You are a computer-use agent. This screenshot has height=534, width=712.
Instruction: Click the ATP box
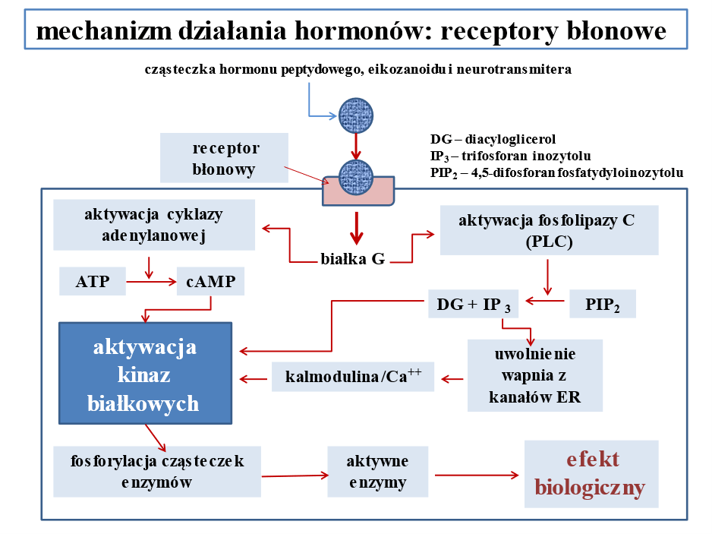[92, 283]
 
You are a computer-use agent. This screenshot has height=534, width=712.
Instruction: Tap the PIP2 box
[602, 304]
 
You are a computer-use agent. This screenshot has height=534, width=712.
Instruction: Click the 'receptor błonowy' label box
[225, 158]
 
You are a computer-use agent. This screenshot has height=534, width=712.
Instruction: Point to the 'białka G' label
[351, 259]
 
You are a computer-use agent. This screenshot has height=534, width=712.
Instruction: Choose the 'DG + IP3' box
[474, 304]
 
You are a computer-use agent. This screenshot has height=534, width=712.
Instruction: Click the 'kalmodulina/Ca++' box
[352, 377]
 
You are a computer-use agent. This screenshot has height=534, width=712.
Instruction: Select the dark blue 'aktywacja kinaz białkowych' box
[145, 372]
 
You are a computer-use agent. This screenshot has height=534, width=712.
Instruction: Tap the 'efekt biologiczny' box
[591, 473]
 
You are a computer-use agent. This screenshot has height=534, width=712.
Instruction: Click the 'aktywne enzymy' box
[377, 472]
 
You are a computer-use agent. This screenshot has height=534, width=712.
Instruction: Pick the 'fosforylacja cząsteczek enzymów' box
[157, 472]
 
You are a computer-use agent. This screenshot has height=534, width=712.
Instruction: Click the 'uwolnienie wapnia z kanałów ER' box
[534, 375]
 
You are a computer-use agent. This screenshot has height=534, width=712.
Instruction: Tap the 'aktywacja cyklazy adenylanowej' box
[153, 225]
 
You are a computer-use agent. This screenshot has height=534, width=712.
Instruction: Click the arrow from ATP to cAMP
[150, 283]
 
